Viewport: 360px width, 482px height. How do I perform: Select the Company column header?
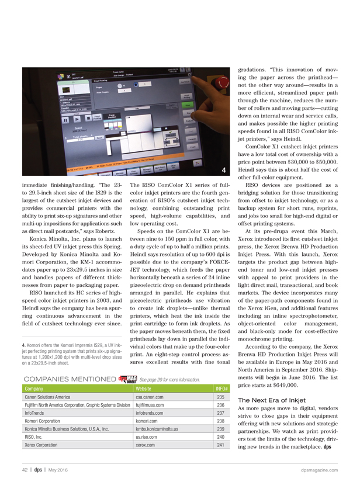coord(34,388)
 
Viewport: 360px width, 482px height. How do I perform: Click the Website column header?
coord(144,388)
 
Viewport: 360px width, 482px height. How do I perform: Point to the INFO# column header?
coord(221,388)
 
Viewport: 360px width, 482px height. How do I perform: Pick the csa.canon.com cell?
coord(148,397)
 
